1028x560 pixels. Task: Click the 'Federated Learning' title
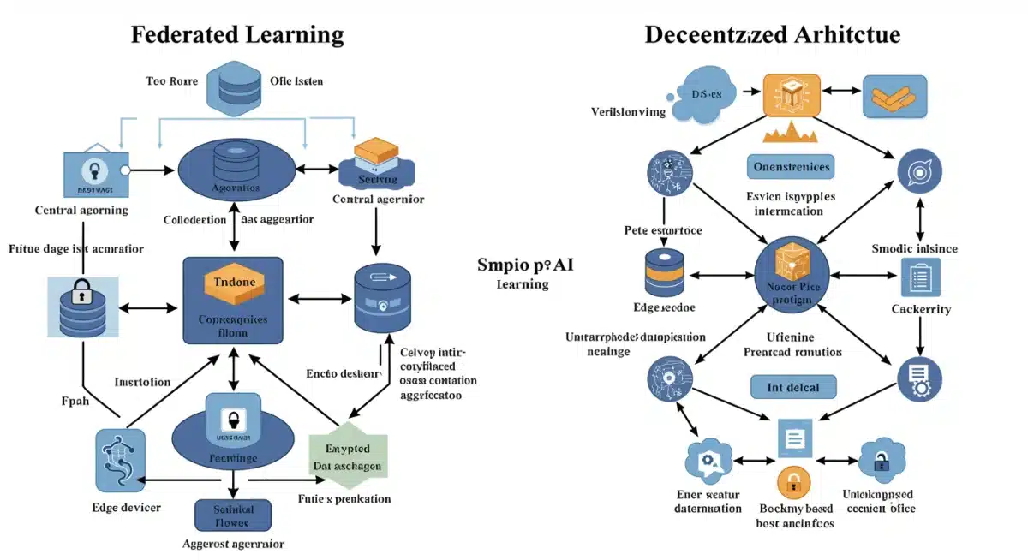point(236,35)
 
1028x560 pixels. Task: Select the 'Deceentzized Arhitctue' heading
point(772,35)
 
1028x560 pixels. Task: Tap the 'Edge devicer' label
point(126,508)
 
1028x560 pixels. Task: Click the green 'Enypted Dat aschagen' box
point(348,456)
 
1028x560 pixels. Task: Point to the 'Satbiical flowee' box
point(234,515)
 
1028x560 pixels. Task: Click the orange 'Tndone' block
point(233,283)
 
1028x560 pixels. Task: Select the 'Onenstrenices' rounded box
point(792,166)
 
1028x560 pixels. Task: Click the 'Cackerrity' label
point(921,309)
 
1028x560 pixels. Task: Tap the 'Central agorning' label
point(81,210)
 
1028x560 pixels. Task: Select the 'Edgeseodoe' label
point(664,307)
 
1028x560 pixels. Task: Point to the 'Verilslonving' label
point(628,112)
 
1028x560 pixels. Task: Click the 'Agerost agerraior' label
point(234,544)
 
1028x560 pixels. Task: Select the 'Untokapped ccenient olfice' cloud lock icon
point(882,461)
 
